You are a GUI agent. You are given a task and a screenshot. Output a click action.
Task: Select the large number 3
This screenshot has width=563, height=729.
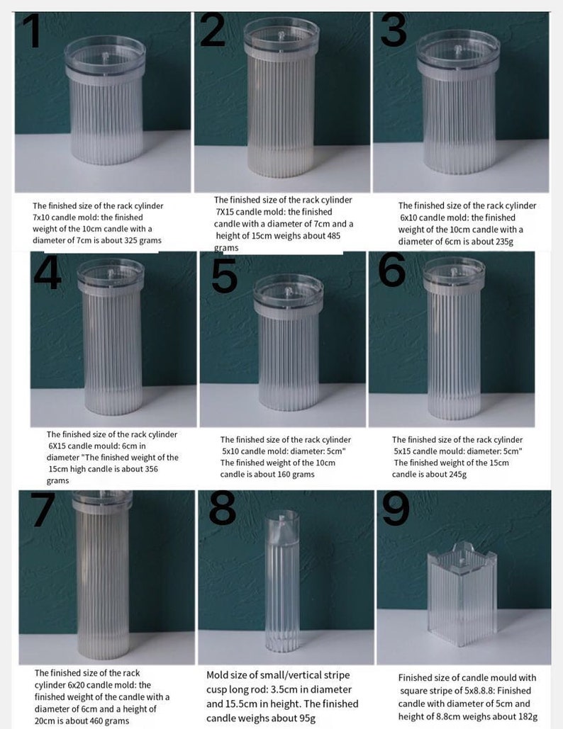tap(394, 30)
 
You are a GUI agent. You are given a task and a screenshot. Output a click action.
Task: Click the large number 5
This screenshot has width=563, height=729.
tap(225, 276)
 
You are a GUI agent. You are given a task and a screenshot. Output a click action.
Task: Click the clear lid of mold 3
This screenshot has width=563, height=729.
tap(457, 48)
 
